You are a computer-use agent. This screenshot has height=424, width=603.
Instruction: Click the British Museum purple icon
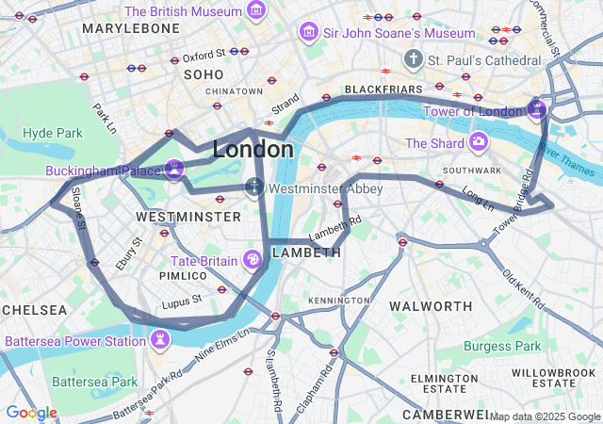[255, 11]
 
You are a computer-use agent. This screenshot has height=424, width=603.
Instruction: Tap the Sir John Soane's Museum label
[386, 33]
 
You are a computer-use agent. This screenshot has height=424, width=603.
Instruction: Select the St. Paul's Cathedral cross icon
[412, 59]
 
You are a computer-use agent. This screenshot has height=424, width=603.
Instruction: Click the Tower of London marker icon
[537, 109]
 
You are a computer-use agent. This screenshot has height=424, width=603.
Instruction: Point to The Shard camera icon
[479, 142]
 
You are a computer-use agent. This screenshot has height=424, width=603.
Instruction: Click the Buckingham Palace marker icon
[173, 170]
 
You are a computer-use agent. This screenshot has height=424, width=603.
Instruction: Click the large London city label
[253, 149]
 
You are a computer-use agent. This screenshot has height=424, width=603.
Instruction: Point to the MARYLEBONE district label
[131, 28]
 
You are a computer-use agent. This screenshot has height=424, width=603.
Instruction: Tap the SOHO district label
[204, 73]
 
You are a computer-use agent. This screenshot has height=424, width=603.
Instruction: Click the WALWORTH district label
[431, 306]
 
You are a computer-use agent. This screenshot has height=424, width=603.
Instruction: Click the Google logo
[31, 413]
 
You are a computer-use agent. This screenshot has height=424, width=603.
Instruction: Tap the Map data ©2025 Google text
[544, 416]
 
